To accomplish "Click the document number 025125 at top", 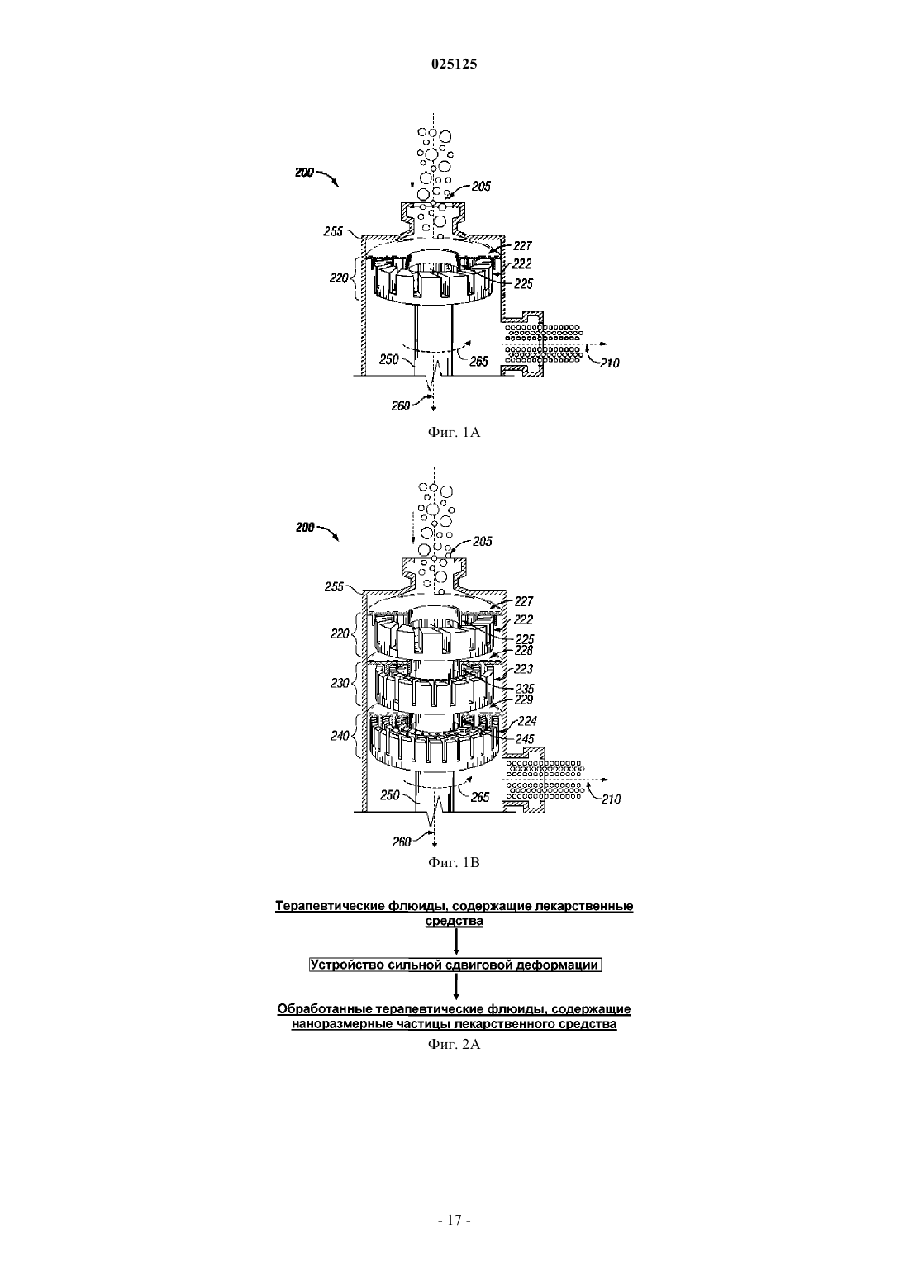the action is pos(454,64).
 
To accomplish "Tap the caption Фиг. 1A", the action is pos(454,433).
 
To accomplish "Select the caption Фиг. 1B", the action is pos(454,863).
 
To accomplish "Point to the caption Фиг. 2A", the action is pos(454,1045).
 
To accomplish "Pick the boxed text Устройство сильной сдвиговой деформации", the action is pos(455,965).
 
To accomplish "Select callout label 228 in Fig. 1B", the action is pos(524,651).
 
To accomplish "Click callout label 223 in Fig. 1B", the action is pos(524,669).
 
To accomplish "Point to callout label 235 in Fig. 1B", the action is pos(525,689).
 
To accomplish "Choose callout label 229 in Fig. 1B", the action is pos(524,699).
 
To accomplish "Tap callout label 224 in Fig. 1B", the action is pos(527,721).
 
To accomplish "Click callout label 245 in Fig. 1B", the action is pos(525,739).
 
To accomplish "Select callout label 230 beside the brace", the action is pos(340,683).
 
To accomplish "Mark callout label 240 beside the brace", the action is pos(340,736).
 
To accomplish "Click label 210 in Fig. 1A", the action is pos(610,363).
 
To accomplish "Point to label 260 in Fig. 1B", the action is pos(402,842).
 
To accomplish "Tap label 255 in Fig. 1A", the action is pos(333,232).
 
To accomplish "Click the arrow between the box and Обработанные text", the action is pos(456,987).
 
